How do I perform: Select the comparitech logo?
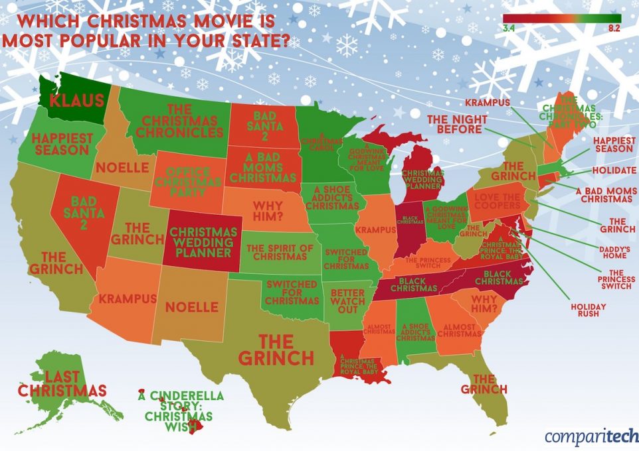(583, 436)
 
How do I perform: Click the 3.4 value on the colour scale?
(509, 28)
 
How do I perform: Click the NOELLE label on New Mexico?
(191, 307)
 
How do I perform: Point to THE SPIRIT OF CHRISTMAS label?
(279, 253)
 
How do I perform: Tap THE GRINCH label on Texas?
(276, 350)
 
